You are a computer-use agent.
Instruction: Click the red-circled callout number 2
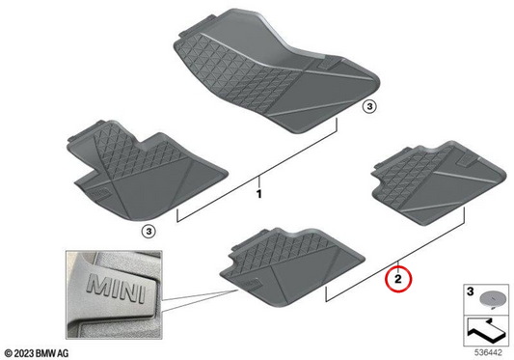pos(397,279)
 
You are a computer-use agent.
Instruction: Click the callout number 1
pos(259,194)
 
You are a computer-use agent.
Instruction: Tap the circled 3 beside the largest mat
pos(369,107)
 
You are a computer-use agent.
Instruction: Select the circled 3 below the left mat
pos(149,232)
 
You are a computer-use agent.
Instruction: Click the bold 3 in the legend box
pos(470,291)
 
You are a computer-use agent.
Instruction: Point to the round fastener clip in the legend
pos(491,300)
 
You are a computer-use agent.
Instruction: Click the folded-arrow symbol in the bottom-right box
pos(486,330)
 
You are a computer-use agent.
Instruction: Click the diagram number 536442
pos(488,353)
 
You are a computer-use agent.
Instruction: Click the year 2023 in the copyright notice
pos(23,353)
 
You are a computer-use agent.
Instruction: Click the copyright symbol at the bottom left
pos(8,353)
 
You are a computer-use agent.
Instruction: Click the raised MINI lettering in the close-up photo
pos(116,289)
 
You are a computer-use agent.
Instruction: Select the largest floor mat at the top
pos(276,71)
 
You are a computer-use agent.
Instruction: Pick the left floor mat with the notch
pos(147,170)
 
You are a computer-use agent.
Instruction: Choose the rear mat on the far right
pos(439,183)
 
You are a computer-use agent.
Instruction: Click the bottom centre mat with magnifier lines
pos(292,267)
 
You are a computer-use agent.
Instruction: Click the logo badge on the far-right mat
pos(466,159)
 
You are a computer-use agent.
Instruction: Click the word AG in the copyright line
pos(64,353)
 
